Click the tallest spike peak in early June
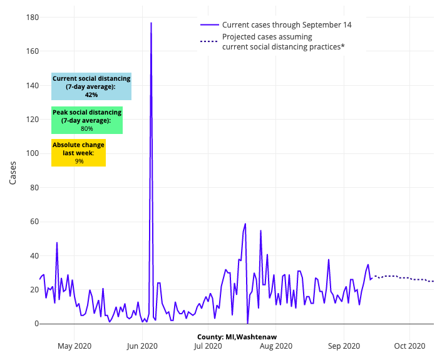coord(151,23)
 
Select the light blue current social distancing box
coord(91,86)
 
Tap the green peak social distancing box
coord(87,120)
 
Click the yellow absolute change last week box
coord(79,153)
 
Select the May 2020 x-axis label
coord(75,346)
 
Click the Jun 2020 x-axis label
coord(142,346)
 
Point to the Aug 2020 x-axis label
coord(276,346)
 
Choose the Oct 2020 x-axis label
coord(409,346)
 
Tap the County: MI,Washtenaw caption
coord(237,337)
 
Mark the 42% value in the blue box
coord(91,95)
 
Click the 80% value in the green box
coord(87,129)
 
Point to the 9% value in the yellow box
coord(79,162)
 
